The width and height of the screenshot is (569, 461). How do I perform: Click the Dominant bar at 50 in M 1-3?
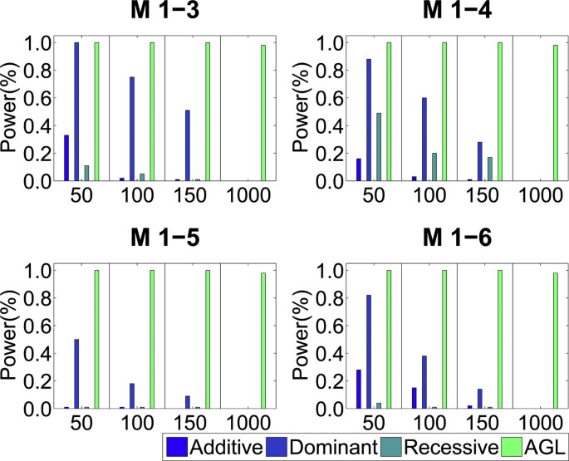pyautogui.click(x=76, y=111)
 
